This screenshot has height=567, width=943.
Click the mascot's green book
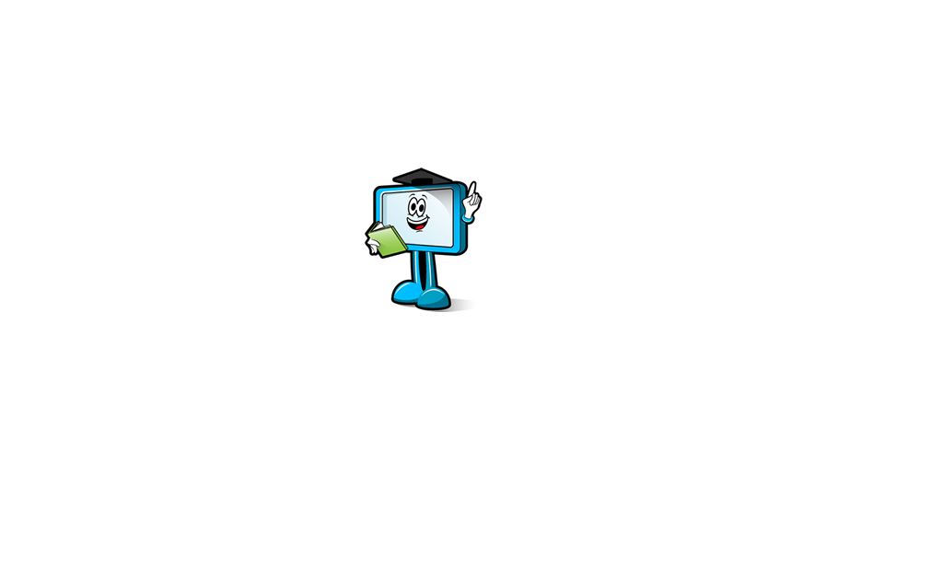(387, 237)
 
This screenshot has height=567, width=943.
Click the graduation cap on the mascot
(414, 177)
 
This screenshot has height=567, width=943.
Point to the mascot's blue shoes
(424, 295)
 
